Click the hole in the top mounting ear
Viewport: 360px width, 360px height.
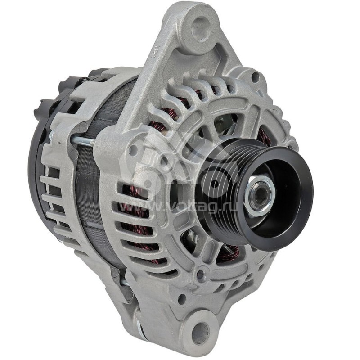click(201, 28)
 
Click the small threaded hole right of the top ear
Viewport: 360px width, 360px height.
click(255, 77)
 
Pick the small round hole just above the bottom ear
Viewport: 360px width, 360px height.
click(182, 298)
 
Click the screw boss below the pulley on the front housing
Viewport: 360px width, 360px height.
click(201, 274)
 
